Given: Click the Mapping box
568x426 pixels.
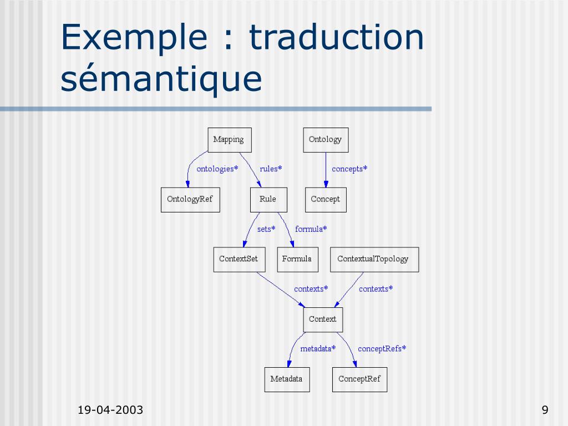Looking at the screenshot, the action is point(230,140).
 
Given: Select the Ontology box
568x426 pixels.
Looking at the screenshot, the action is point(326,140).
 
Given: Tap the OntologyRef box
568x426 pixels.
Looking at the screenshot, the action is point(190,200).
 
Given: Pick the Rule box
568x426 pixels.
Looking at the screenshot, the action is point(268,200).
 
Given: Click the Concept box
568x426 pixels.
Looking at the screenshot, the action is point(326,200).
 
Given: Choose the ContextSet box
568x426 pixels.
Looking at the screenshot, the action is point(239,260).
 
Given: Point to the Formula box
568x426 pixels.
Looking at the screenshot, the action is point(297,260).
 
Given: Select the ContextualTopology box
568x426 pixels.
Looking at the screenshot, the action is point(374,260).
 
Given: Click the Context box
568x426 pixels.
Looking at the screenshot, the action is point(323,319).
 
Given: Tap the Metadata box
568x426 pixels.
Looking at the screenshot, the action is point(287,379).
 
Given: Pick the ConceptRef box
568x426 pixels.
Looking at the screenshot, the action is point(359,379).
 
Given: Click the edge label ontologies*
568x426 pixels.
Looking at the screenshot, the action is point(217,169).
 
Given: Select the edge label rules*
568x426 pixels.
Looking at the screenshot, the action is point(271,169).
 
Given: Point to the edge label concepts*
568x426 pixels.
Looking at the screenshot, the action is point(349,169).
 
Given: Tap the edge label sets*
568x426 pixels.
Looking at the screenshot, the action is point(266,229).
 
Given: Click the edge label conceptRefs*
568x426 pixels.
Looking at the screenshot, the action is point(382,348).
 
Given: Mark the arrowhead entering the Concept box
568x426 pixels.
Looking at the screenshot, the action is point(326,184).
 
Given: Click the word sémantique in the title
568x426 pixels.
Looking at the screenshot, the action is point(161,79).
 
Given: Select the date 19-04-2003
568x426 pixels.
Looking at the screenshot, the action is point(110,410).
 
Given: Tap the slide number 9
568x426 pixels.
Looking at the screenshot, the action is point(545,410).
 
